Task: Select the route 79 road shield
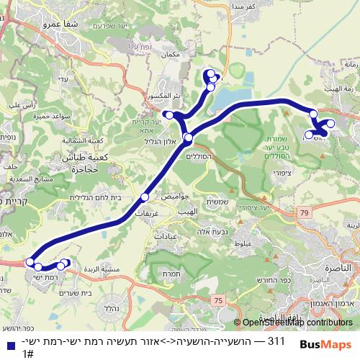pos(305,212)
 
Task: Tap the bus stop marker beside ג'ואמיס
pos(145,197)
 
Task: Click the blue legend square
pos(8,344)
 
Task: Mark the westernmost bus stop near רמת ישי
pos(30,261)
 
